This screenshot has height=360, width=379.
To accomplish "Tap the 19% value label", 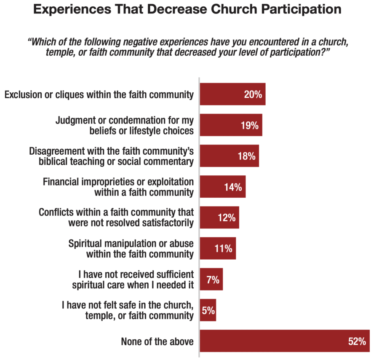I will (250, 125).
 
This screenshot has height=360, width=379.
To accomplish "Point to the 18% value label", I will (246, 156).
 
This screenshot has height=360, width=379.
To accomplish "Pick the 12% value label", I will (227, 218).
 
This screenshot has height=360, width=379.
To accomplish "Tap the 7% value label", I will (213, 279).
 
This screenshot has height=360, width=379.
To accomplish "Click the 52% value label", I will (357, 341).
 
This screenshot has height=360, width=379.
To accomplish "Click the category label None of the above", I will (157, 341).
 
